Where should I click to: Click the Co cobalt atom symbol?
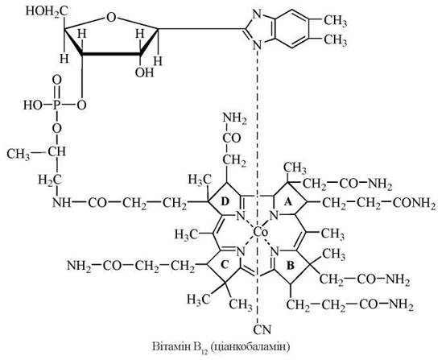point(260,233)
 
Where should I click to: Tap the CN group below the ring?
point(262,329)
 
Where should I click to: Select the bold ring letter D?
point(225,201)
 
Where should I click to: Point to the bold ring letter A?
point(288,202)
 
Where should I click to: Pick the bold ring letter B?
point(290,266)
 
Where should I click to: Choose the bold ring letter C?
point(225,265)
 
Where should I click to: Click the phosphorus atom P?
point(56,106)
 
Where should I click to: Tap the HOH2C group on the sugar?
point(47,11)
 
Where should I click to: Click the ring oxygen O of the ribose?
point(110,18)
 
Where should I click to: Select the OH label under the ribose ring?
point(144,72)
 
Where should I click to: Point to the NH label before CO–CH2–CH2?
point(61,202)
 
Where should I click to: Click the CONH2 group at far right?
point(414,203)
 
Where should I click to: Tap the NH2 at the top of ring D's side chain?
point(234,118)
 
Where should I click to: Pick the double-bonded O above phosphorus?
point(57,80)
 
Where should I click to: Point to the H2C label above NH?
point(51,180)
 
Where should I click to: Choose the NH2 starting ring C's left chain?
point(79,266)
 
